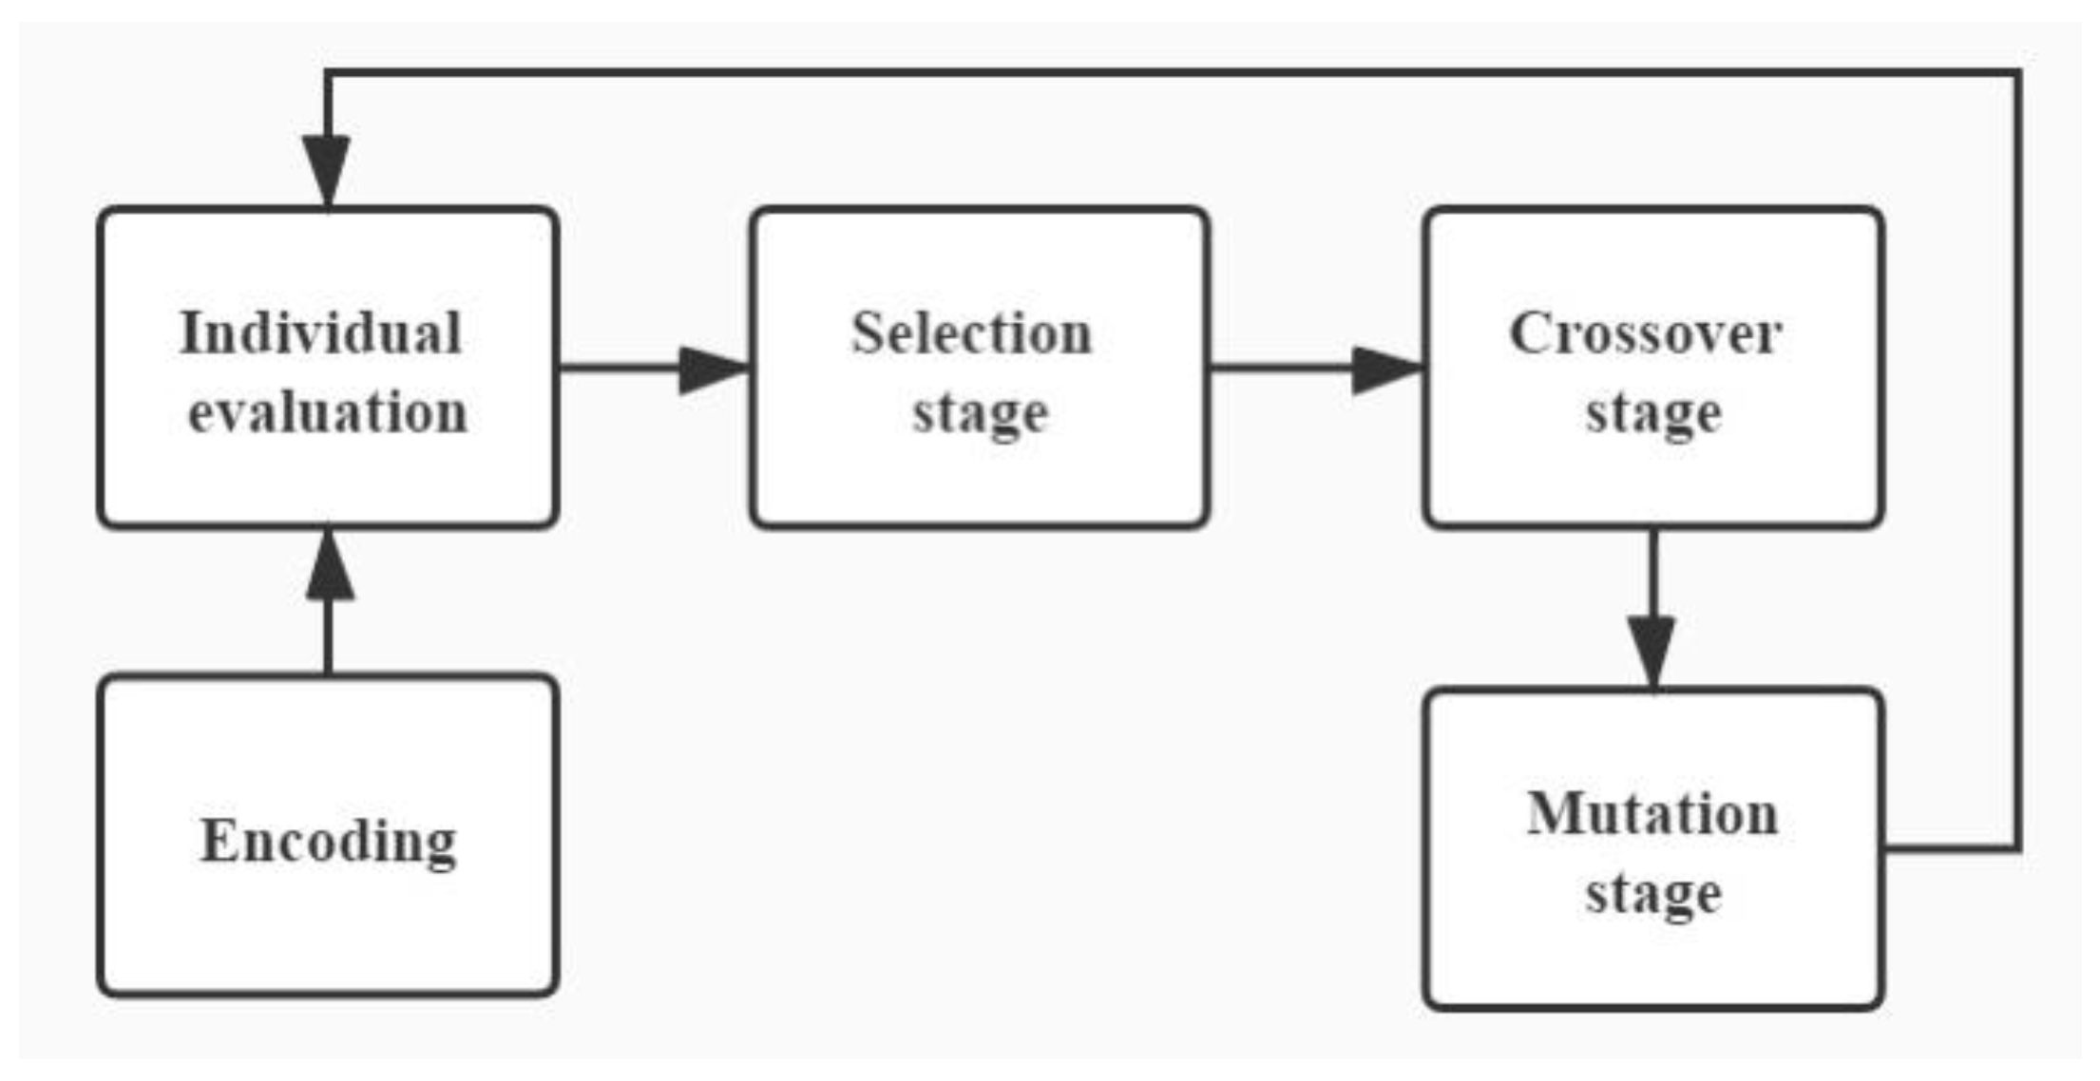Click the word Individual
pyautogui.click(x=320, y=333)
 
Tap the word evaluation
pyautogui.click(x=328, y=412)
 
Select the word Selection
pyautogui.click(x=971, y=333)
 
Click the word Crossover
pyautogui.click(x=1645, y=333)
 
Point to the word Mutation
pyautogui.click(x=1652, y=814)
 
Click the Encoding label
pyautogui.click(x=328, y=842)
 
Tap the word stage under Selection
pyautogui.click(x=980, y=414)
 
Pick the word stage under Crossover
pyautogui.click(x=1653, y=414)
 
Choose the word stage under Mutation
pyautogui.click(x=1653, y=894)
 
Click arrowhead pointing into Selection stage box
pyautogui.click(x=713, y=369)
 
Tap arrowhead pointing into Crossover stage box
pyautogui.click(x=1385, y=369)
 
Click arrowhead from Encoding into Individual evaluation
pyautogui.click(x=329, y=567)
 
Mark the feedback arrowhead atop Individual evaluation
pyautogui.click(x=326, y=169)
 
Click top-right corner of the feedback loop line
pyautogui.click(x=2018, y=72)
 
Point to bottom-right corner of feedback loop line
pyautogui.click(x=2018, y=848)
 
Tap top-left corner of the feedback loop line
pyautogui.click(x=328, y=72)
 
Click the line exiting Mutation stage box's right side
pyautogui.click(x=1948, y=848)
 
